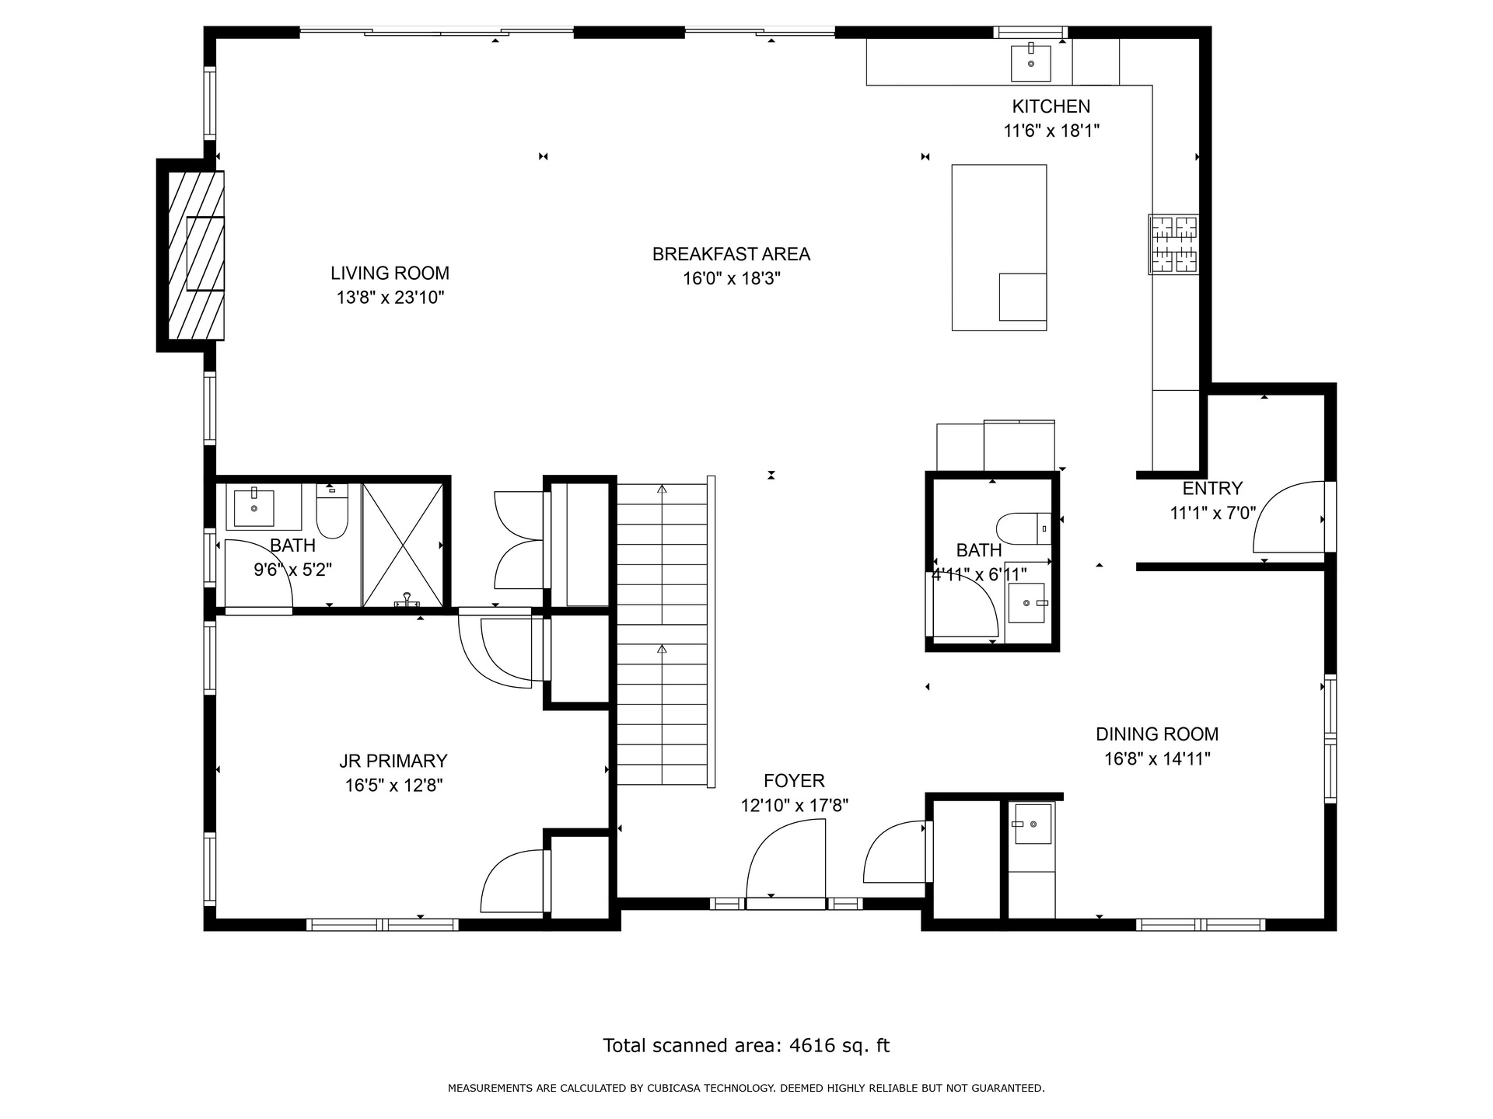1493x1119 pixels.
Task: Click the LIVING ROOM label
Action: click(390, 273)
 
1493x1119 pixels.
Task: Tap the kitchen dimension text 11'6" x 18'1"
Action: click(1051, 131)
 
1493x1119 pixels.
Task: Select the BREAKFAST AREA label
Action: click(731, 254)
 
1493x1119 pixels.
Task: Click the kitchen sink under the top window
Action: click(1030, 63)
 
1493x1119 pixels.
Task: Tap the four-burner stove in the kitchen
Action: click(1174, 244)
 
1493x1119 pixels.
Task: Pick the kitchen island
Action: click(999, 247)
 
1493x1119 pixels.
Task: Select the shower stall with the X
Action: click(403, 545)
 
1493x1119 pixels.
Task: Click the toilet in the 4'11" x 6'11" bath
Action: click(1024, 528)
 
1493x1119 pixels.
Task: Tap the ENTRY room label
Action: click(1212, 489)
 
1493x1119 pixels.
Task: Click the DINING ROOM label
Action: click(1157, 734)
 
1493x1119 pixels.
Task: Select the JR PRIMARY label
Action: click(393, 761)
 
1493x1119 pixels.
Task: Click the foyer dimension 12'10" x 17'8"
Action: click(794, 805)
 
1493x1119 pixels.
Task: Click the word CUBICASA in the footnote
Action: click(677, 1089)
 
